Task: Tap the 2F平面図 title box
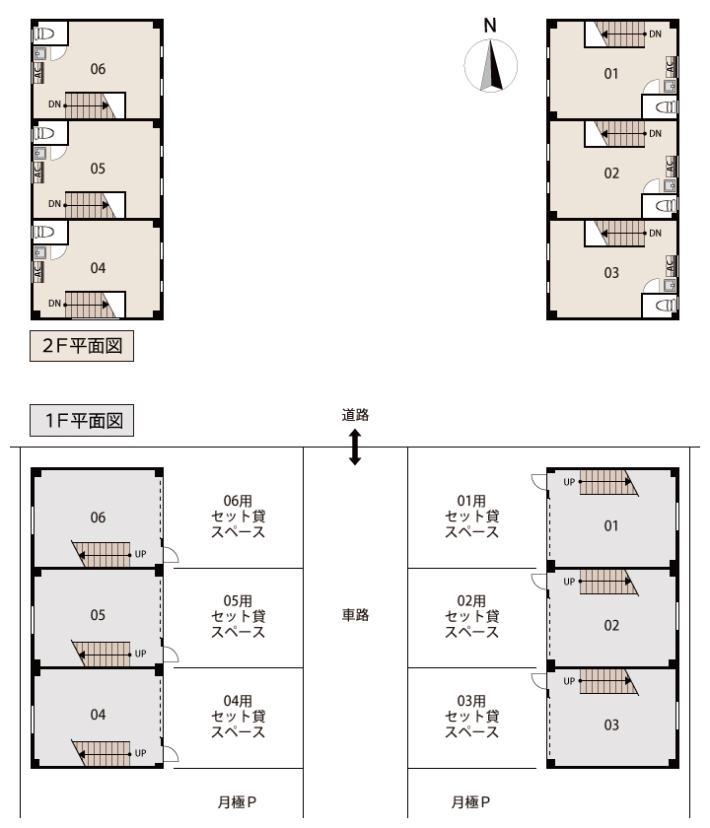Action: (82, 346)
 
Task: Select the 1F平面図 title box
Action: (82, 420)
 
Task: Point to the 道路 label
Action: (355, 415)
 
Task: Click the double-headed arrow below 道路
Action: (355, 447)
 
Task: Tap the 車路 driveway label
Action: (355, 615)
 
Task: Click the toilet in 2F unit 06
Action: (45, 34)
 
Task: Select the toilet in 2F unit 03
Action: (666, 306)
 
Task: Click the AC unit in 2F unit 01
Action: (671, 67)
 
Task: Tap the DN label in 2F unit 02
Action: (655, 134)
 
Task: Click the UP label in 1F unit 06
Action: (140, 554)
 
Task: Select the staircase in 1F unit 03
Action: (608, 682)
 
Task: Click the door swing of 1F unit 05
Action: (170, 654)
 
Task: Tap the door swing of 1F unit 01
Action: (539, 482)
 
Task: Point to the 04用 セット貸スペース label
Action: (239, 716)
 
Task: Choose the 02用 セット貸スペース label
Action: (471, 616)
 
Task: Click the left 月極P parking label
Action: (238, 802)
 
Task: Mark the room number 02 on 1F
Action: (611, 626)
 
